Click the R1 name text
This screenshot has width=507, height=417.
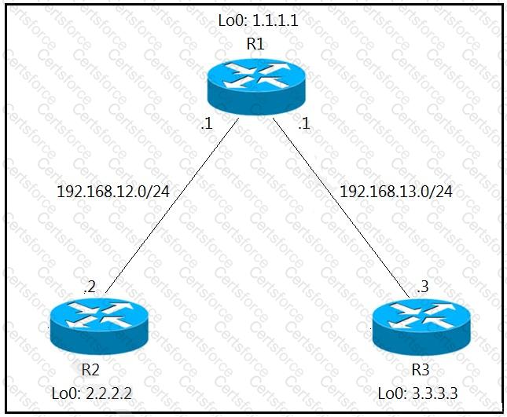(x=255, y=44)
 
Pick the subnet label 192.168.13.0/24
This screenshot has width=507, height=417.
(x=395, y=191)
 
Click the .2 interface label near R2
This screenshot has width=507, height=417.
(x=89, y=287)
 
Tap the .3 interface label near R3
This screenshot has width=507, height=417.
(x=423, y=287)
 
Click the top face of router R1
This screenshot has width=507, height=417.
(x=255, y=76)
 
